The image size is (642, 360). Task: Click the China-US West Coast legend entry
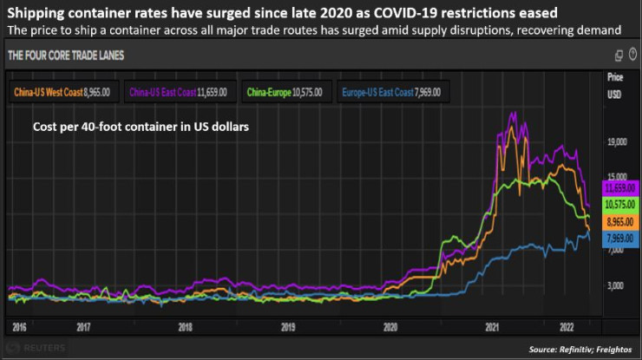[62, 90]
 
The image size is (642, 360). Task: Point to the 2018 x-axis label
[185, 328]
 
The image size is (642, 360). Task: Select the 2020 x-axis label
[390, 328]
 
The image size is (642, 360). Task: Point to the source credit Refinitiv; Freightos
[579, 349]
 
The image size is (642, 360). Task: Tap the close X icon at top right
[632, 56]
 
